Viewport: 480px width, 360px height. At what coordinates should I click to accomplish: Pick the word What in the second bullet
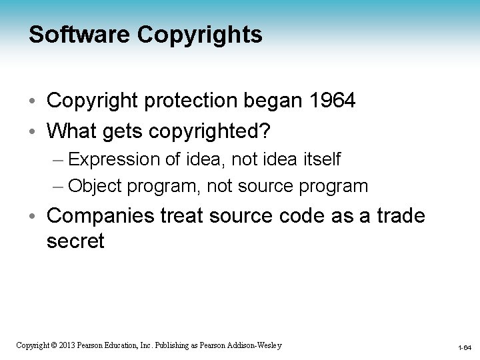(71, 131)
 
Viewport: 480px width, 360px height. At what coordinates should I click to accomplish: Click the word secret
(75, 241)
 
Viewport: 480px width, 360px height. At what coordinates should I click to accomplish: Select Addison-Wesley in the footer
(256, 345)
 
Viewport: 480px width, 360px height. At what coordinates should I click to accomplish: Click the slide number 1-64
(465, 347)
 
